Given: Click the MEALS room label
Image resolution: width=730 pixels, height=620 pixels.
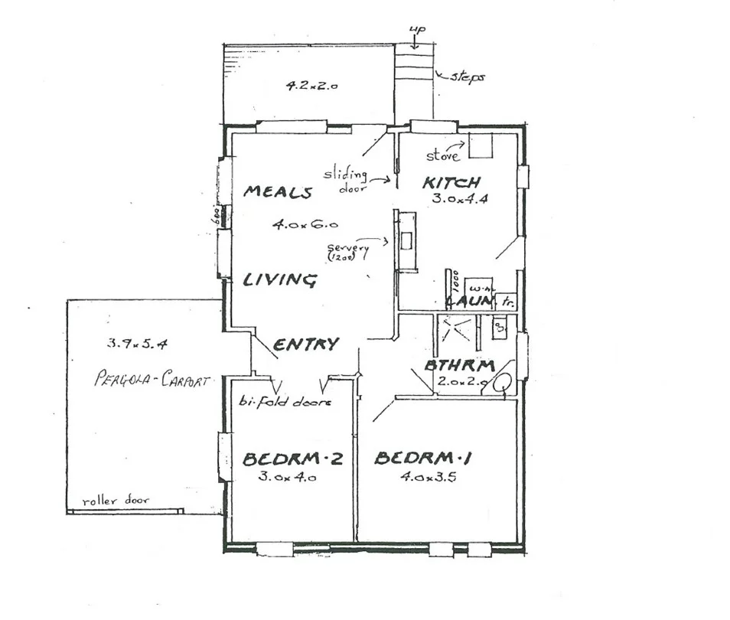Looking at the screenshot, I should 277,192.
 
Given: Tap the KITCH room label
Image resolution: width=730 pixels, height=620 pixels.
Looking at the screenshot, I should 452,183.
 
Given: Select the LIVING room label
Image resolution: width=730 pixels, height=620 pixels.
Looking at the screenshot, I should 279,280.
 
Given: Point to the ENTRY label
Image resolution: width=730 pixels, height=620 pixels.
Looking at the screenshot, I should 306,344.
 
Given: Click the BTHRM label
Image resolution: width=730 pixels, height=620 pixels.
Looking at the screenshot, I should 459,365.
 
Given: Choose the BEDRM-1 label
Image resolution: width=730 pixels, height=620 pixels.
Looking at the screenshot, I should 422,458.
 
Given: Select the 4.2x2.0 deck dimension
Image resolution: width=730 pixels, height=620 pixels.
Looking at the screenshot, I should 312,86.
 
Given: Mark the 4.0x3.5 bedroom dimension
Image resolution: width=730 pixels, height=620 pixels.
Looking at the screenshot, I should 422,477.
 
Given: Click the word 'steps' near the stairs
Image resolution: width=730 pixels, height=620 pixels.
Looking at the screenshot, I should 467,77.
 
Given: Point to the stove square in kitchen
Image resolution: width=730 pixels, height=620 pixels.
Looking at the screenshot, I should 481,146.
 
